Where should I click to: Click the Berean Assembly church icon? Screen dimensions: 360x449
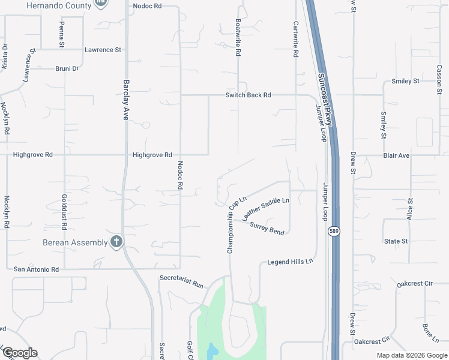[116, 242]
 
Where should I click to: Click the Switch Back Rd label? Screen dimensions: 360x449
[249, 95]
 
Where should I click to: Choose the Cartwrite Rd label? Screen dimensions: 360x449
[295, 40]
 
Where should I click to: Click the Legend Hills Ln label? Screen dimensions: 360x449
[291, 262]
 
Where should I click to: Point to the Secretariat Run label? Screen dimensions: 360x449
[182, 281]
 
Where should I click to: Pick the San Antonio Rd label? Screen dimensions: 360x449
[36, 269]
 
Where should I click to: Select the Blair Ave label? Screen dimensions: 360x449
[396, 155]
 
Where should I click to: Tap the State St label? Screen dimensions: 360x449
[396, 241]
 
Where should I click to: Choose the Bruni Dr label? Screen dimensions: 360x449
[67, 68]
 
